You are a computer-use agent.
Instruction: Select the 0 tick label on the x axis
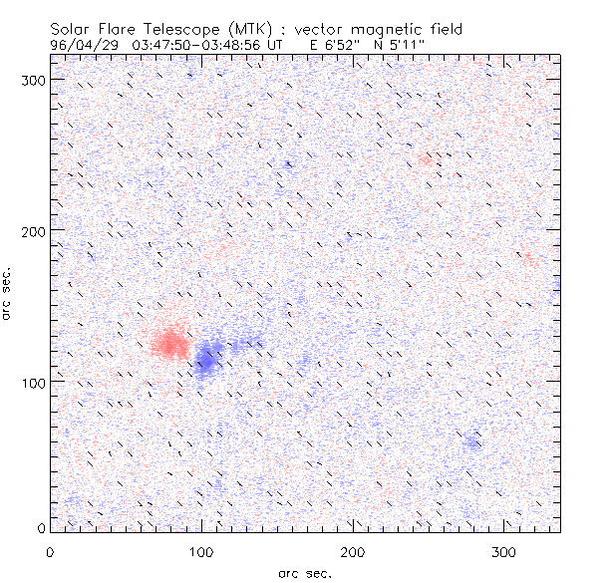coord(50,550)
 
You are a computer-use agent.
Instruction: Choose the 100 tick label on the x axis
coord(201,550)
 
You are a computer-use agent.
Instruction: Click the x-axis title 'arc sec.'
coord(304,572)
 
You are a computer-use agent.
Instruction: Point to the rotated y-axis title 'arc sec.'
coord(9,294)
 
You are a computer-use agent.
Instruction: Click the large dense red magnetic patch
coord(169,344)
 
